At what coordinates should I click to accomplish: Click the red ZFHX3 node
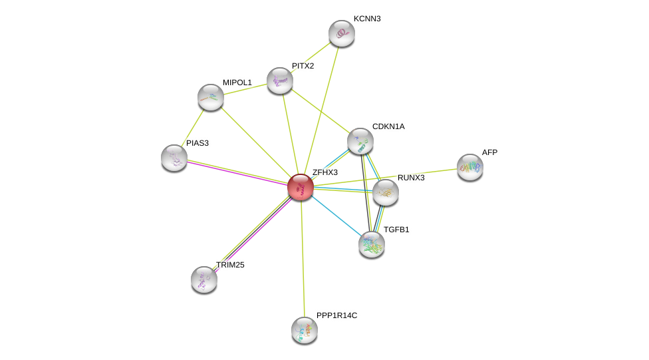click(300, 187)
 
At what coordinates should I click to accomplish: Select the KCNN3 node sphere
click(342, 33)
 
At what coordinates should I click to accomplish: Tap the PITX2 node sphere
click(280, 80)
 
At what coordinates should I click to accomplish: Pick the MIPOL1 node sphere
click(211, 97)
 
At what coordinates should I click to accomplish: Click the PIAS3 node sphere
click(174, 158)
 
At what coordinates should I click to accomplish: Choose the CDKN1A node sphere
click(360, 141)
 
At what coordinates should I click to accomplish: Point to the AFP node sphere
click(469, 167)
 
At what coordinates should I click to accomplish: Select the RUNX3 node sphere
click(385, 192)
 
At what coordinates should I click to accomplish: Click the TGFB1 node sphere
click(371, 244)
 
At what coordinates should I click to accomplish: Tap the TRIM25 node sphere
click(204, 279)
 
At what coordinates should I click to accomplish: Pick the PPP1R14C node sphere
click(305, 329)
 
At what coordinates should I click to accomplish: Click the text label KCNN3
click(367, 19)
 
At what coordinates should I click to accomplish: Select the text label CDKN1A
click(388, 126)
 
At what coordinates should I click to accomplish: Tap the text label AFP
click(489, 152)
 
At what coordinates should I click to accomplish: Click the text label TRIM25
click(230, 265)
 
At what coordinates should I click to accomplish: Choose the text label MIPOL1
click(237, 83)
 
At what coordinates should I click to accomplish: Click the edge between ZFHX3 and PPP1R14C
click(302, 260)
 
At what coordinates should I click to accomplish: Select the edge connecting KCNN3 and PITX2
click(311, 57)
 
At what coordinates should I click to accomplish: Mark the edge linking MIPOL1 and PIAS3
click(193, 127)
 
